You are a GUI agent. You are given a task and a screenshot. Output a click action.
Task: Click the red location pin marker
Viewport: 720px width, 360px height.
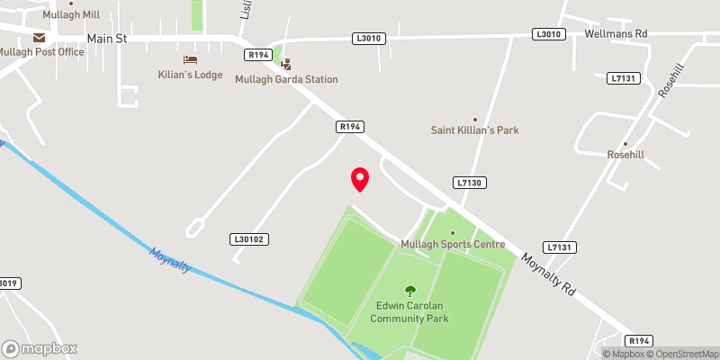(360, 178)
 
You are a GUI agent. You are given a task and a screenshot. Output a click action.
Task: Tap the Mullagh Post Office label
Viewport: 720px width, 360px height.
(42, 51)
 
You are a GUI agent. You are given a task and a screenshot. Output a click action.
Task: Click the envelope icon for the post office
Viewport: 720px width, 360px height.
(39, 37)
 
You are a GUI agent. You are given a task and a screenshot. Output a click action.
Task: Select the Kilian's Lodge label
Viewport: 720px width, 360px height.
(190, 74)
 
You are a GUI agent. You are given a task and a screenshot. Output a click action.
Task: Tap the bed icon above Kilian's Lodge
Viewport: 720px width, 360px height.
(190, 59)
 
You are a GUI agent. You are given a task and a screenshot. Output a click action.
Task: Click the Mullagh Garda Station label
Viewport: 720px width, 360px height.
(286, 79)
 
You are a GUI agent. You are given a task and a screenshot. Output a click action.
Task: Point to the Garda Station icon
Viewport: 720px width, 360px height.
(286, 64)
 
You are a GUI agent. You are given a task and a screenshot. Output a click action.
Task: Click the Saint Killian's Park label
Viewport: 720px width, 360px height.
(475, 130)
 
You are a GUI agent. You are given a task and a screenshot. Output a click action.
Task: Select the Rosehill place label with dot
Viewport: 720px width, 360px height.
(624, 154)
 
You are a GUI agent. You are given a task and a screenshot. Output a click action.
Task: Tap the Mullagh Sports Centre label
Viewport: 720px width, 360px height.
(452, 245)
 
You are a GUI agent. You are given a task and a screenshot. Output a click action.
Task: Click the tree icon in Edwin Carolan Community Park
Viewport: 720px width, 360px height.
(410, 291)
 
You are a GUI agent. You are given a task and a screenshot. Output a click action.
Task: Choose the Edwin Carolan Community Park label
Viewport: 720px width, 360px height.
(411, 312)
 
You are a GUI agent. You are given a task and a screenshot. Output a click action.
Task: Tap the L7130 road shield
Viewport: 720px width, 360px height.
(471, 183)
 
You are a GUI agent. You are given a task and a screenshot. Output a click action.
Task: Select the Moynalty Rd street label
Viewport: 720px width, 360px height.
(549, 274)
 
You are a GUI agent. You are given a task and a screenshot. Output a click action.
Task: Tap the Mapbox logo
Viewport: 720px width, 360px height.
(40, 348)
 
